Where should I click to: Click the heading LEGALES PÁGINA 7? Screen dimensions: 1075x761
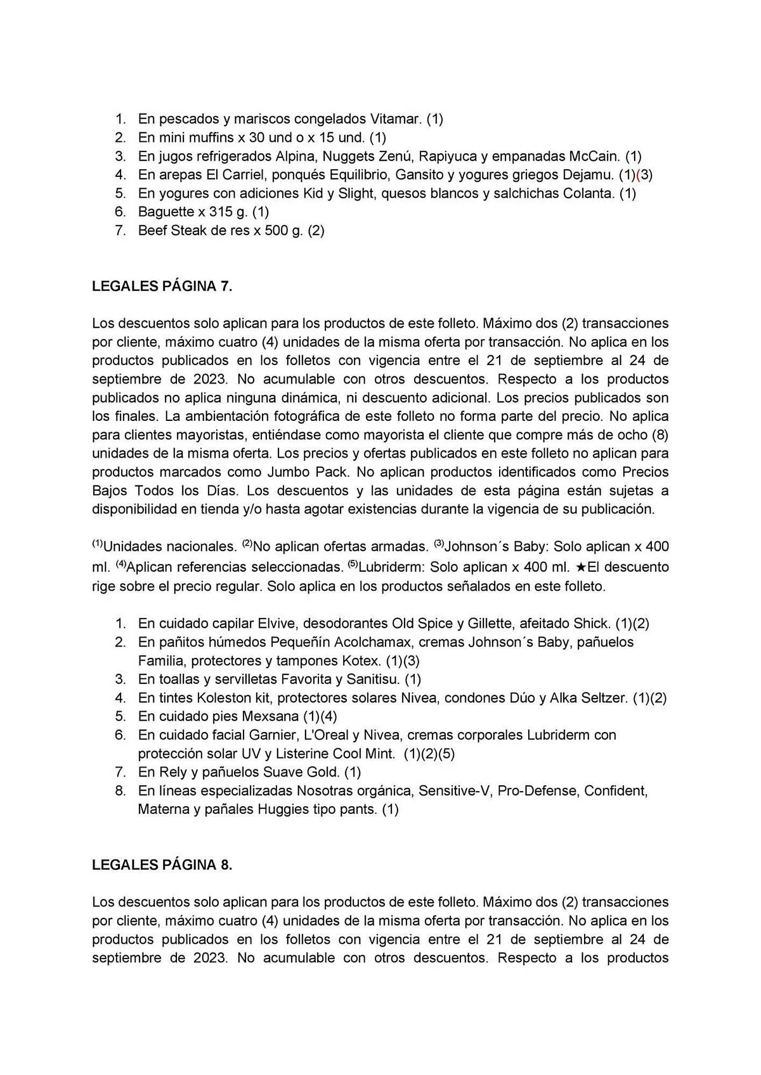point(162,286)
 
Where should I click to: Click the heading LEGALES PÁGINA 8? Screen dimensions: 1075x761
point(162,865)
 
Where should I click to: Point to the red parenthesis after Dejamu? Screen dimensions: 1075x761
point(638,175)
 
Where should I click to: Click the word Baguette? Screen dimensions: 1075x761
point(165,212)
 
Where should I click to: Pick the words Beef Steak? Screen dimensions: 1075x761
point(169,231)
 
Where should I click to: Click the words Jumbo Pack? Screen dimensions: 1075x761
point(308,472)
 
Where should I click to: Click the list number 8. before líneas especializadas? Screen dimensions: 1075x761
point(120,791)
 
